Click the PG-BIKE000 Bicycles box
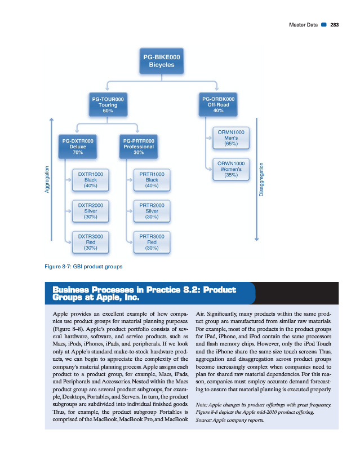[x=162, y=60]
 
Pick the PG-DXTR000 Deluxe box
[x=78, y=146]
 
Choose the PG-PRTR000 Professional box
[x=138, y=146]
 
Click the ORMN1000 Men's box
[x=230, y=138]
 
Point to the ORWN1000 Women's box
[x=230, y=169]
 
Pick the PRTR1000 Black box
[x=151, y=179]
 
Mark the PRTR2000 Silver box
[x=151, y=210]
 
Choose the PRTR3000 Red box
[x=151, y=241]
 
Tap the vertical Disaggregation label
[x=262, y=179]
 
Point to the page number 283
[x=334, y=24]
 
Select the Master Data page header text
[x=304, y=24]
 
